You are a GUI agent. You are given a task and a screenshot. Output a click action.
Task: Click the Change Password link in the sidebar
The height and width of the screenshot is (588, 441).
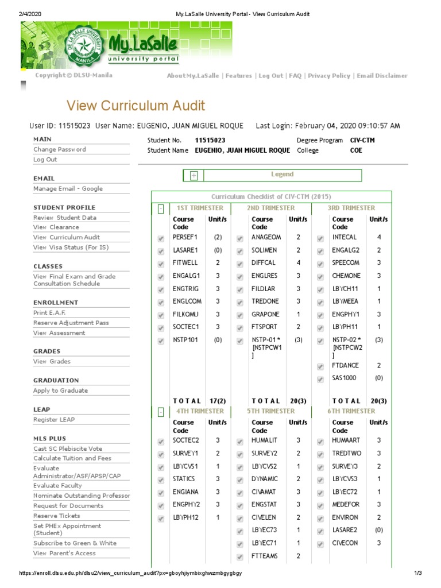[60, 149]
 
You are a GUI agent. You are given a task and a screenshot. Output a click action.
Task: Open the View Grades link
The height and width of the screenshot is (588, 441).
[52, 362]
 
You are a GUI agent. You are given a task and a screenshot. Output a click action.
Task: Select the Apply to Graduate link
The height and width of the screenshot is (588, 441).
[60, 390]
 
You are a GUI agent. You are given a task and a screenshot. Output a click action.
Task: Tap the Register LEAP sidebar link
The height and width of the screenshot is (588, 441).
[54, 420]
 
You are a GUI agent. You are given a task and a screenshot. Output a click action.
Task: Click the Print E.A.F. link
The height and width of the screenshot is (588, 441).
[49, 313]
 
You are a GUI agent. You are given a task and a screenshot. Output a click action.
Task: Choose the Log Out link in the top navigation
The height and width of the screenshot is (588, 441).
[270, 76]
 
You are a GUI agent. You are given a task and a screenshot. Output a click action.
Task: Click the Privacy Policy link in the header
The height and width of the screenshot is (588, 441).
[328, 76]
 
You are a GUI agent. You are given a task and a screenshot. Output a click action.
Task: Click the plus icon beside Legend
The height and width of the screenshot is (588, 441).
[194, 176]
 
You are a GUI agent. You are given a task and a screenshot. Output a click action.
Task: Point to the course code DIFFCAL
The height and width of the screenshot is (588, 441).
[264, 263]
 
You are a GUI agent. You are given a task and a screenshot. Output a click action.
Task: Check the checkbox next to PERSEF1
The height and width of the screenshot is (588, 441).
[160, 238]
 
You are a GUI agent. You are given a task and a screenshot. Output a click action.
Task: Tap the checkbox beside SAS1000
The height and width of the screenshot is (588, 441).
[320, 379]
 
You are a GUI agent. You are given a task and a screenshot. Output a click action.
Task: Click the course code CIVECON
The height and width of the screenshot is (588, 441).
[345, 543]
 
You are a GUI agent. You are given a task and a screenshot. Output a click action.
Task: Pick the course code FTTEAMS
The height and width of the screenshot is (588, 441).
[264, 556]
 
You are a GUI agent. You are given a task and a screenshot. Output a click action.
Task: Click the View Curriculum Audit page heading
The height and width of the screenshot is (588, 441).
[136, 106]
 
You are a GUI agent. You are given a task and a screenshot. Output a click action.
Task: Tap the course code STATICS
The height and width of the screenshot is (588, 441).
[184, 479]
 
